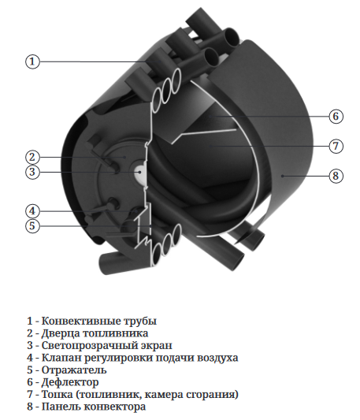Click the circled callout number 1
point(32,61)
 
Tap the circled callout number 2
point(32,157)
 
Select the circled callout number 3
point(32,172)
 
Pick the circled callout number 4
point(32,211)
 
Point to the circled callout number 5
point(32,225)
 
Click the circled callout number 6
point(336,117)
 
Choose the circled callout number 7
point(336,146)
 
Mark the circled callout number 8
point(336,176)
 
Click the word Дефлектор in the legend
point(70,382)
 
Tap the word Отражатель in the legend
point(74,370)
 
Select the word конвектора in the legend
point(115,407)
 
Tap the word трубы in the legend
point(141,322)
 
